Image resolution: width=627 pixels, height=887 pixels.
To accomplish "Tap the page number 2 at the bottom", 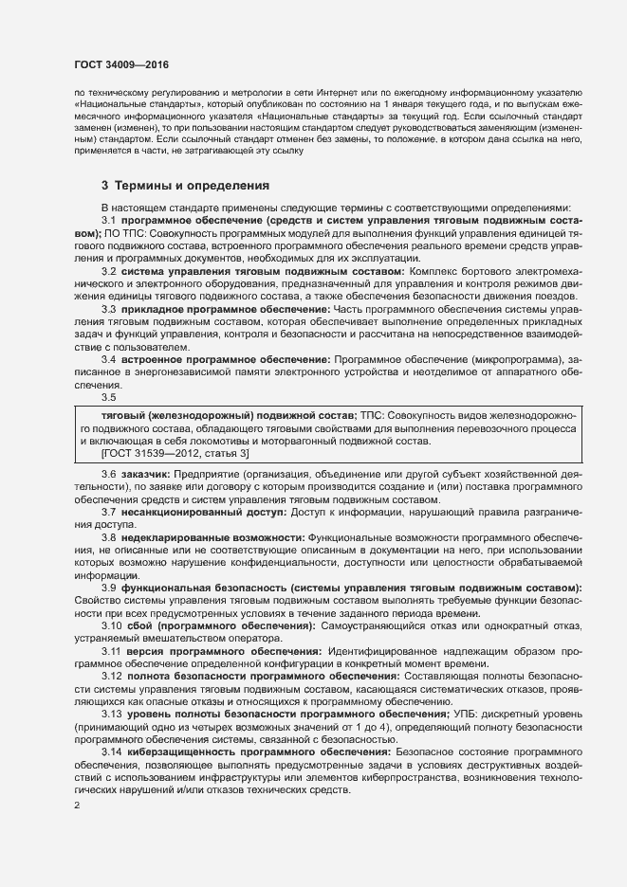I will pyautogui.click(x=77, y=806).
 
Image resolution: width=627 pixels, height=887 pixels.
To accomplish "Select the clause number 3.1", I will pyautogui.click(x=109, y=220).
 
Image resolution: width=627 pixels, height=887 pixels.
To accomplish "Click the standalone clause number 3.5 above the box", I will pyautogui.click(x=109, y=398).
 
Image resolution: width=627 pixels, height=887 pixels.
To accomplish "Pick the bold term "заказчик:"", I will pyautogui.click(x=145, y=473).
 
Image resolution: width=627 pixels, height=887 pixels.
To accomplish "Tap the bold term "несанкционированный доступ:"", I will pyautogui.click(x=203, y=511).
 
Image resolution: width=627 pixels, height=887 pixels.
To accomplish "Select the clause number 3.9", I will pyautogui.click(x=109, y=588).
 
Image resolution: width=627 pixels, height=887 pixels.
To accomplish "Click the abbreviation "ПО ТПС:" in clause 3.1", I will pyautogui.click(x=120, y=233).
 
